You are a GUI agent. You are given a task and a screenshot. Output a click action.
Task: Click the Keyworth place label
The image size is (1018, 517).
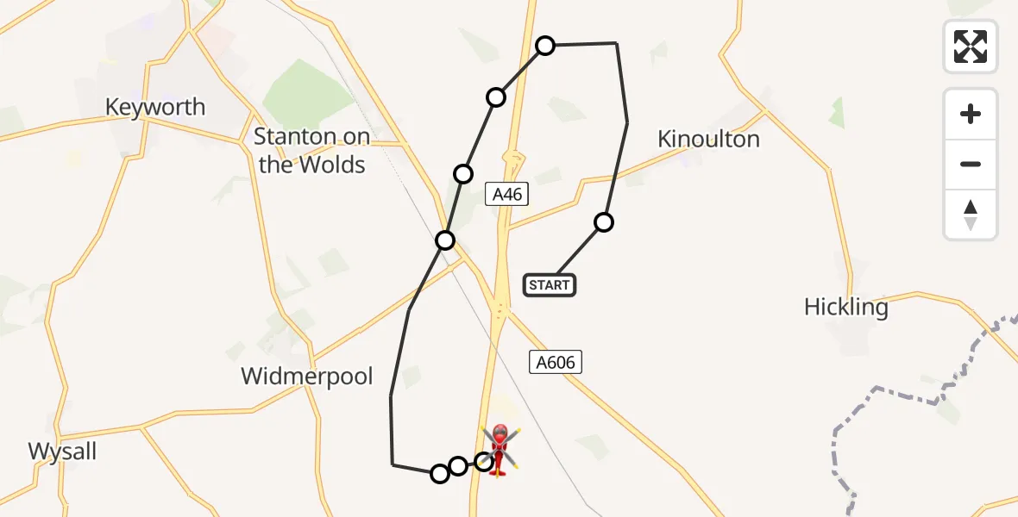[x=155, y=107]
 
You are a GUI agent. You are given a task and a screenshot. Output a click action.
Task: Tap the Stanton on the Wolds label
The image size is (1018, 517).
[x=311, y=150]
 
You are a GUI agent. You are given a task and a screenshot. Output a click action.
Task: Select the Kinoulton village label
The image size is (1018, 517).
[x=708, y=139]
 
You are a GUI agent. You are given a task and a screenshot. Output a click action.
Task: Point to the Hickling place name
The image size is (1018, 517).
[x=845, y=307]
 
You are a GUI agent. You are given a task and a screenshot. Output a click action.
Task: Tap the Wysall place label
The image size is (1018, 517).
[x=62, y=451]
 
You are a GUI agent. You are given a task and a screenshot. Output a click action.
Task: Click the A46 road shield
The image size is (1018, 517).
[x=506, y=194]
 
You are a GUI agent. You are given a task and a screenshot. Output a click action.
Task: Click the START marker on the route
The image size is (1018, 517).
[x=550, y=284]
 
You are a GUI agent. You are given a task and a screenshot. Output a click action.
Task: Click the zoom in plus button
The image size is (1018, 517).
[x=971, y=114]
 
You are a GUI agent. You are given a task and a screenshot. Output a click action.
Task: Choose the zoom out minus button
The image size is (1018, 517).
[x=971, y=164]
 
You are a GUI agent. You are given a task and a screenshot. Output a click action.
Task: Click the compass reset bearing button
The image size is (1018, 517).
[x=971, y=215]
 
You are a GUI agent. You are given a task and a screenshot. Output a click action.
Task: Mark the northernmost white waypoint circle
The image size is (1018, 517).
[x=545, y=46]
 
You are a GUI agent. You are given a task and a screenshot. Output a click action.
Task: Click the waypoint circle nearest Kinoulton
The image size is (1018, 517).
[x=604, y=222]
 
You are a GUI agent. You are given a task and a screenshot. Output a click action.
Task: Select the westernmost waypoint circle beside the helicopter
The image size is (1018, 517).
[x=440, y=473]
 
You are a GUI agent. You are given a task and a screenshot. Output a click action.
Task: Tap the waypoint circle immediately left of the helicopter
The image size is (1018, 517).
[x=485, y=463]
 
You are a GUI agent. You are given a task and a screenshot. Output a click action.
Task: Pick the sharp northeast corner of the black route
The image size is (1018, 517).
[x=616, y=43]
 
